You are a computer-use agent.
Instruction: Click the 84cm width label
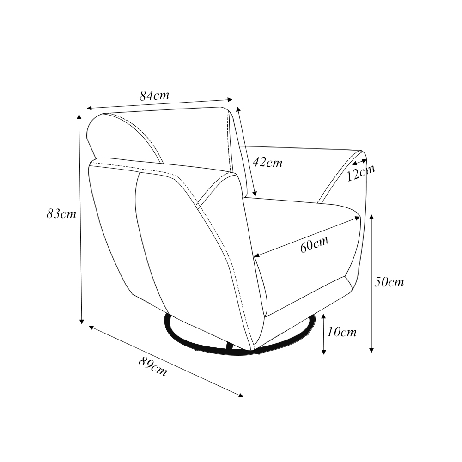154,96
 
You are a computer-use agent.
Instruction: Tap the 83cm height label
61,213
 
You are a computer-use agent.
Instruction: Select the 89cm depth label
153,366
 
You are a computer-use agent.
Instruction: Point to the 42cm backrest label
267,162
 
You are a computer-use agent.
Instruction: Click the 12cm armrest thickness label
361,173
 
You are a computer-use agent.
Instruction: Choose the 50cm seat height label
389,282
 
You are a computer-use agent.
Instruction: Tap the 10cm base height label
342,332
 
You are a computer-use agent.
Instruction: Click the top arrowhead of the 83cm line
79,116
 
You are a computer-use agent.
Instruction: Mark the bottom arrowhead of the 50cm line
371,350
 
